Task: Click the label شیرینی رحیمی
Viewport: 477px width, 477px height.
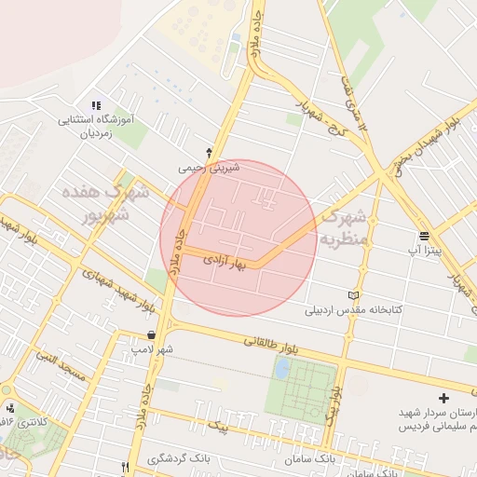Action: click(209, 169)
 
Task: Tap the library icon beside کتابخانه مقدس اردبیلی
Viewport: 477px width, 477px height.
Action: click(352, 295)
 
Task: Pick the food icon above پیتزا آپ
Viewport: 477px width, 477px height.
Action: click(424, 235)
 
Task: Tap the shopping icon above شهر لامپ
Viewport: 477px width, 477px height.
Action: click(151, 334)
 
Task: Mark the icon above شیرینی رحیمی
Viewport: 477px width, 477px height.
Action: click(209, 152)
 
